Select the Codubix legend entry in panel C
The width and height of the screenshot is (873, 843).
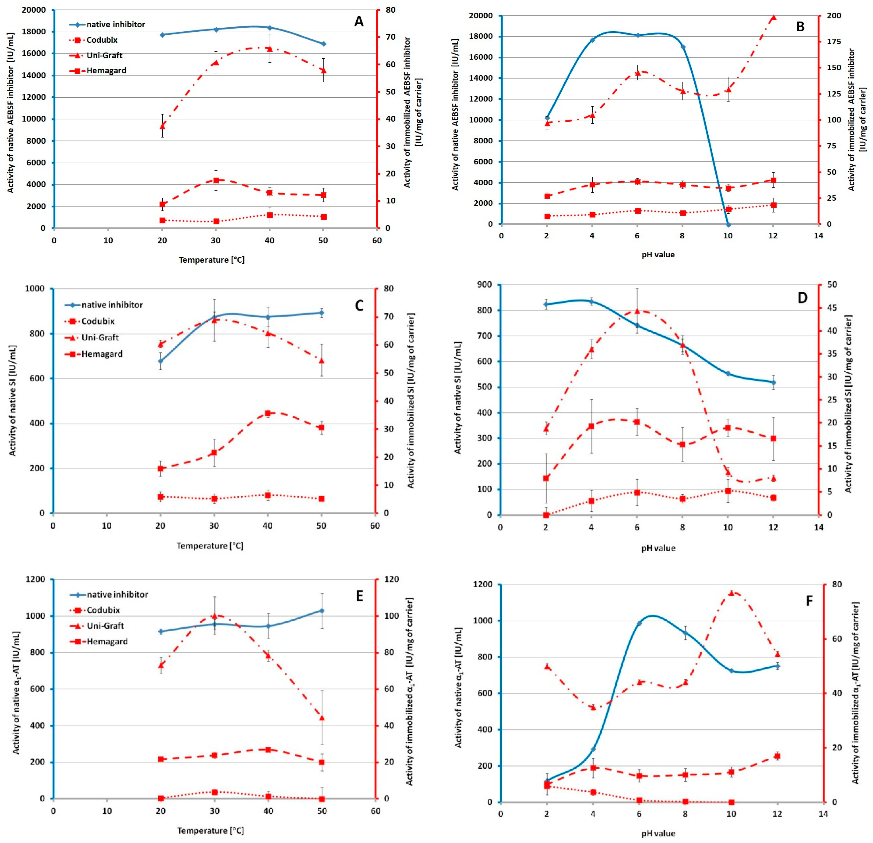click(98, 321)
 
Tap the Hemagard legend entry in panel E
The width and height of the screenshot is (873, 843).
click(107, 642)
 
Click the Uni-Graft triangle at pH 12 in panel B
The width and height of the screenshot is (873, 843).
click(773, 17)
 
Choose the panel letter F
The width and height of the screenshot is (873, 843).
click(809, 601)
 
